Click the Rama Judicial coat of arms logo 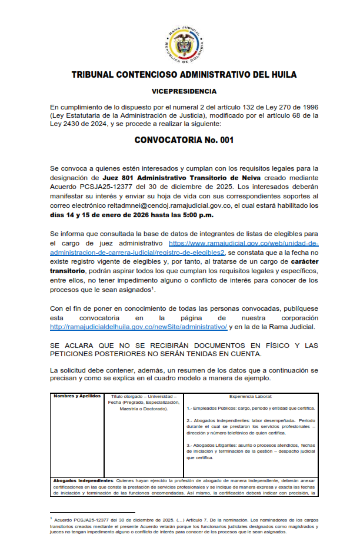coord(184,44)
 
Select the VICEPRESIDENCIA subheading coord(184,91)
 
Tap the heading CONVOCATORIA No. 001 coord(184,140)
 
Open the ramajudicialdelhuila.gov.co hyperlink coord(139,327)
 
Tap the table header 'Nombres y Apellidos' coord(77,396)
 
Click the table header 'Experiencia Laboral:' coord(254,396)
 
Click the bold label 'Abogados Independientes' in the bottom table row coord(86,480)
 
